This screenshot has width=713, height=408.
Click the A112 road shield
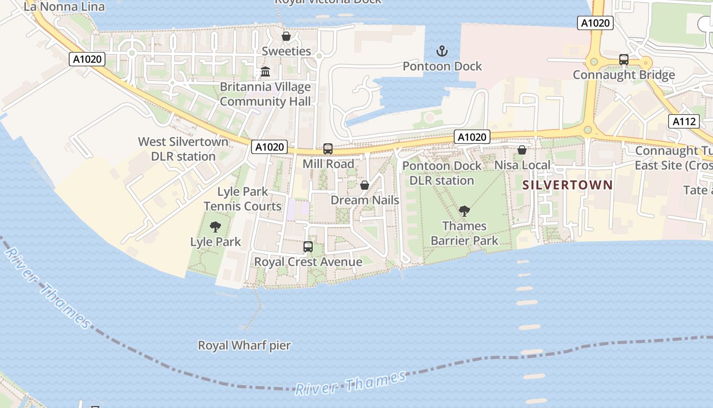click(684, 121)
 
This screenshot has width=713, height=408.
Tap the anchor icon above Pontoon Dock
click(442, 51)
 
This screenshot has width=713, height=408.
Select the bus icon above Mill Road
click(328, 149)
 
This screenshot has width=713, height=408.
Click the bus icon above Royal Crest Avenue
click(308, 247)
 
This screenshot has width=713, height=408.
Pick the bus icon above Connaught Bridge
click(624, 60)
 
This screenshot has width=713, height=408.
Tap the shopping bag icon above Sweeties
click(286, 37)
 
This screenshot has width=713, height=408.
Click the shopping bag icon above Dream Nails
click(365, 185)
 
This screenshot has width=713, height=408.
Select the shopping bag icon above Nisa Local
click(522, 150)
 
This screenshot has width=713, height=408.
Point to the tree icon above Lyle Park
click(215, 226)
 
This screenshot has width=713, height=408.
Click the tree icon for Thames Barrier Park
click(464, 211)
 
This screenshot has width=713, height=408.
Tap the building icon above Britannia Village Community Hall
click(265, 72)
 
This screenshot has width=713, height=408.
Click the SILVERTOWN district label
click(567, 185)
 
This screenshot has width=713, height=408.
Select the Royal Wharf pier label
click(244, 345)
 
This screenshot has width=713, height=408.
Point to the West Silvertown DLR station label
click(183, 149)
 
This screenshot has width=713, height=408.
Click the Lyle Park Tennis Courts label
click(242, 199)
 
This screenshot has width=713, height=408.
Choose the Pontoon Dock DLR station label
click(442, 173)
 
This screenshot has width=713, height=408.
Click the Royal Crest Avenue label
click(308, 262)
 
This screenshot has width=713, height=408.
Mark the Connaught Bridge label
click(624, 75)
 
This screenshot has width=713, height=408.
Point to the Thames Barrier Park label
click(464, 233)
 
